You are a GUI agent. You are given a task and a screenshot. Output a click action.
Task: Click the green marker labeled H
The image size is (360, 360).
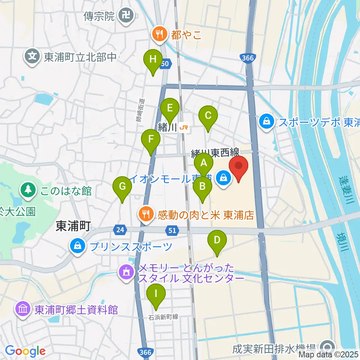153,60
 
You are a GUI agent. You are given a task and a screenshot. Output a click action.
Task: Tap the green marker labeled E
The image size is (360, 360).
169,109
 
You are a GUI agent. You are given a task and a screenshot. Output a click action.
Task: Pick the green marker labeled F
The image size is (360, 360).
151,140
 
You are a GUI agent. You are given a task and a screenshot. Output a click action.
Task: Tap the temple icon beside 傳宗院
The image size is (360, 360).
124,15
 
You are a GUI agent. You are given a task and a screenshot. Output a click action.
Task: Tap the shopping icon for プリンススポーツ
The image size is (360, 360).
78,246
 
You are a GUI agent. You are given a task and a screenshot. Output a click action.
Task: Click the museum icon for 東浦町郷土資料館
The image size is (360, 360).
23,309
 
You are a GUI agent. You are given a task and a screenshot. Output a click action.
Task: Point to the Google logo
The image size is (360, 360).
25,351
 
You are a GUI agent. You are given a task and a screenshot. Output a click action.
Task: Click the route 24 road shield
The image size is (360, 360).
120,230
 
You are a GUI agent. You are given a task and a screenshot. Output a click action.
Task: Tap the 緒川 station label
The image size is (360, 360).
168,127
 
